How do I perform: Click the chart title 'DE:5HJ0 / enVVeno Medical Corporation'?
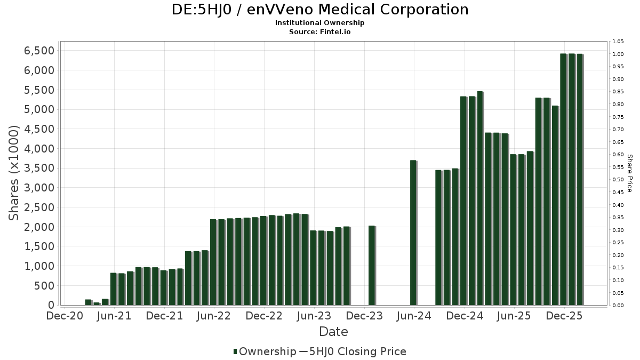pyautogui.click(x=320, y=10)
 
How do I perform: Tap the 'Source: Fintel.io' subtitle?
pyautogui.click(x=320, y=31)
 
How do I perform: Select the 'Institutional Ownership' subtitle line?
pyautogui.click(x=320, y=23)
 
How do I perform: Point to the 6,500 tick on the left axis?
pyautogui.click(x=39, y=51)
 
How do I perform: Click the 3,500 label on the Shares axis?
pyautogui.click(x=39, y=169)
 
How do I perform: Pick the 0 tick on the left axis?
pyautogui.click(x=51, y=305)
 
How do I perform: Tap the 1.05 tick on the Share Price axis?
pyautogui.click(x=618, y=42)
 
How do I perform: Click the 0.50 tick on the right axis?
pyautogui.click(x=618, y=180)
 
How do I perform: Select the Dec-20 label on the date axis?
pyautogui.click(x=65, y=316)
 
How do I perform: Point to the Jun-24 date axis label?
pyautogui.click(x=414, y=316)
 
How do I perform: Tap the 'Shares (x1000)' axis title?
pyautogui.click(x=15, y=172)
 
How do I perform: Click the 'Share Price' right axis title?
pyautogui.click(x=629, y=173)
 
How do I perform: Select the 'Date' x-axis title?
pyautogui.click(x=333, y=332)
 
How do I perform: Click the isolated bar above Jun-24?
pyautogui.click(x=413, y=233)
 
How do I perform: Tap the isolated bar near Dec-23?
pyautogui.click(x=372, y=266)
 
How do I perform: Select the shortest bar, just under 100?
pyautogui.click(x=97, y=304)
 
